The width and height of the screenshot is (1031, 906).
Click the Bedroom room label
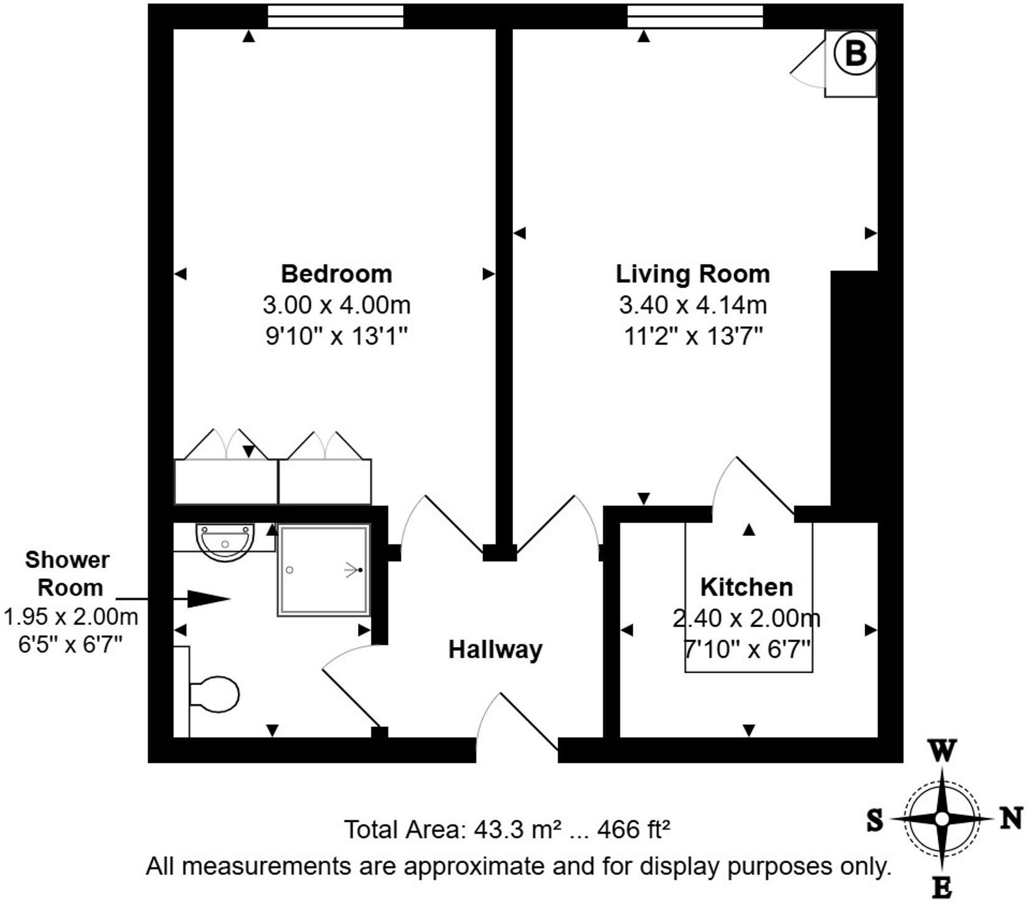336,274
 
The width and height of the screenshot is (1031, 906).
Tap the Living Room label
692,274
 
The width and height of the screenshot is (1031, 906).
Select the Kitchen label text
746,587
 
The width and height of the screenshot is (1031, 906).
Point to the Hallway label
496,650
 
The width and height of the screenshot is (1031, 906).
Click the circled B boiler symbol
855,54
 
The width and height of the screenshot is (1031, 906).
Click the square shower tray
324,571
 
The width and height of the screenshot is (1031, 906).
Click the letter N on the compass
1012,819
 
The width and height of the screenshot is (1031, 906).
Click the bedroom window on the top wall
336,16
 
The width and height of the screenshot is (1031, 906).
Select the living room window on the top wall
695,16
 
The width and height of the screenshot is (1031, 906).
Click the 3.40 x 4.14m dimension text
692,305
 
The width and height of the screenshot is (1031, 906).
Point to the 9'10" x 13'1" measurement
336,337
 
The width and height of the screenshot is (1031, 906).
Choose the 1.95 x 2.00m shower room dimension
70,617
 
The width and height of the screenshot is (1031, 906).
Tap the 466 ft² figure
634,829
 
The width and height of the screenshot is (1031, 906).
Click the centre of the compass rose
942,819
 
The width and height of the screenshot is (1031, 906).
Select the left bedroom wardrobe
225,481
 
